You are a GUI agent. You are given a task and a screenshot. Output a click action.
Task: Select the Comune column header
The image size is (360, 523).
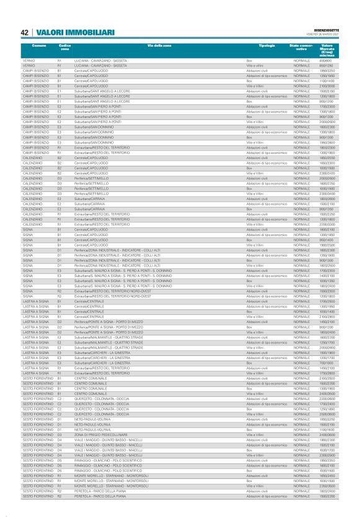point(38,46)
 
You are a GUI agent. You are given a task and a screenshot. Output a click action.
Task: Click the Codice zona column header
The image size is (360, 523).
point(65,48)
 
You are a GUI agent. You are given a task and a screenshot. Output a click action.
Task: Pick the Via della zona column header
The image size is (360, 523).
point(159,46)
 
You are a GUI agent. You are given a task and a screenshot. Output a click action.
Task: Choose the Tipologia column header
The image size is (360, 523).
point(268,46)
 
